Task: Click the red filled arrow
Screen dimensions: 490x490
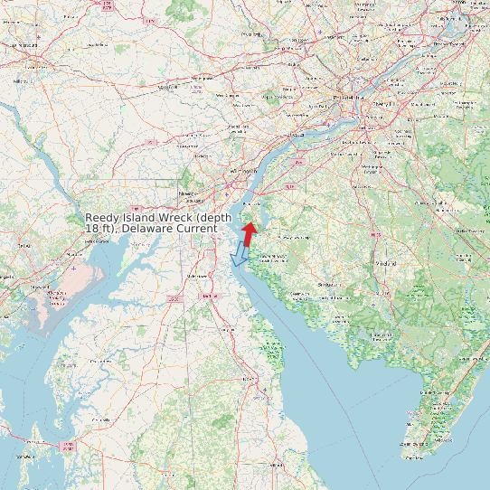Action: pyautogui.click(x=249, y=233)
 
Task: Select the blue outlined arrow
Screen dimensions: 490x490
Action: pyautogui.click(x=240, y=254)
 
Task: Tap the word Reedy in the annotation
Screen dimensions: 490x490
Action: pyautogui.click(x=102, y=219)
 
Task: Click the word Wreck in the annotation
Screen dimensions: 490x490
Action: pyautogui.click(x=176, y=219)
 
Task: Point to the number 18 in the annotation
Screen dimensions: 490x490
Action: pyautogui.click(x=91, y=230)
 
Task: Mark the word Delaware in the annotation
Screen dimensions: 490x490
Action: pyautogui.click(x=145, y=230)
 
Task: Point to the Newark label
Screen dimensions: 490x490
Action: pyautogui.click(x=189, y=193)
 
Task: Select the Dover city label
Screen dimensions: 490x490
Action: pyautogui.click(x=210, y=296)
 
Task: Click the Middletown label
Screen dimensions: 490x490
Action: pyautogui.click(x=193, y=275)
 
